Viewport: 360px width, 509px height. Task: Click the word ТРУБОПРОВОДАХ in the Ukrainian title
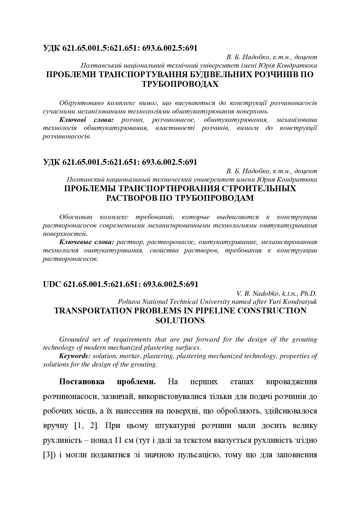180,84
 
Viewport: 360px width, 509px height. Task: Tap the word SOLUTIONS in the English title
180,320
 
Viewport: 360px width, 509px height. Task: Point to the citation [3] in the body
47,454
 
